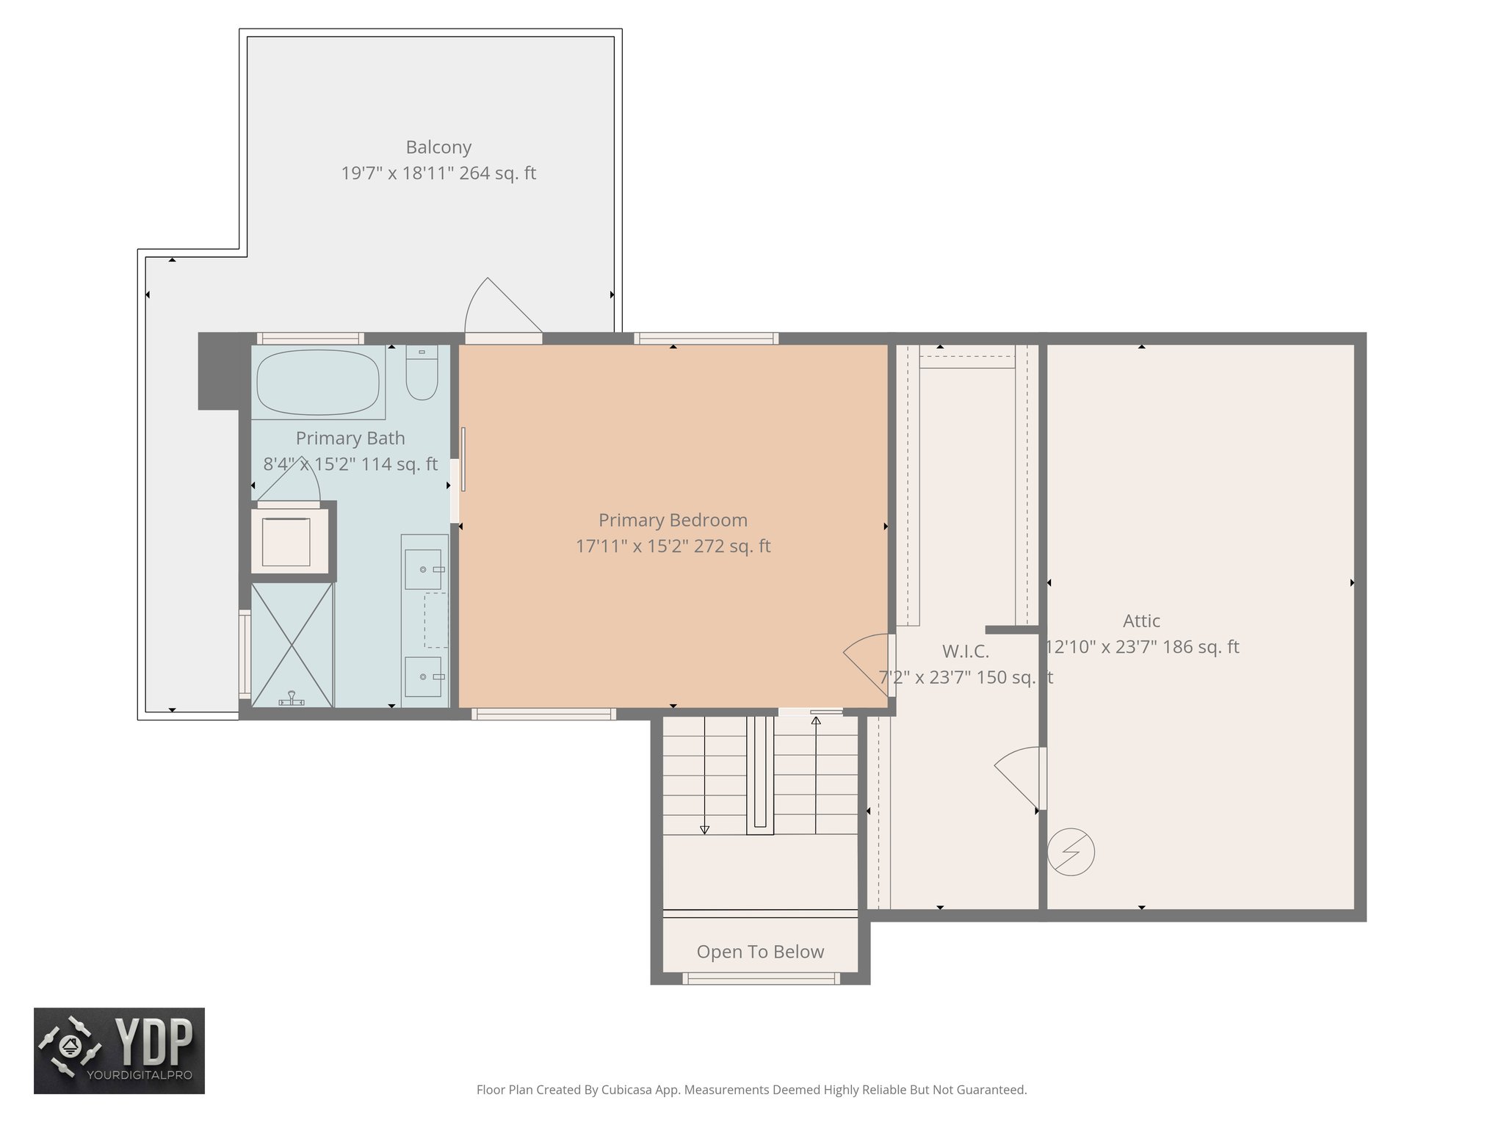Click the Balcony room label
[438, 147]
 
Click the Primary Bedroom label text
[673, 520]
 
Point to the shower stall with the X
[292, 645]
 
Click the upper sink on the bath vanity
[424, 568]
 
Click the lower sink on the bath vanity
[424, 676]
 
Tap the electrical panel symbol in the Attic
[1071, 852]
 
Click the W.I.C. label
[966, 651]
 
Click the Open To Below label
[760, 952]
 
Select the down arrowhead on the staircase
[704, 830]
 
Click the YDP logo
[119, 1050]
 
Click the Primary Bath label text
[350, 438]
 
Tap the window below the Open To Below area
[761, 978]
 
